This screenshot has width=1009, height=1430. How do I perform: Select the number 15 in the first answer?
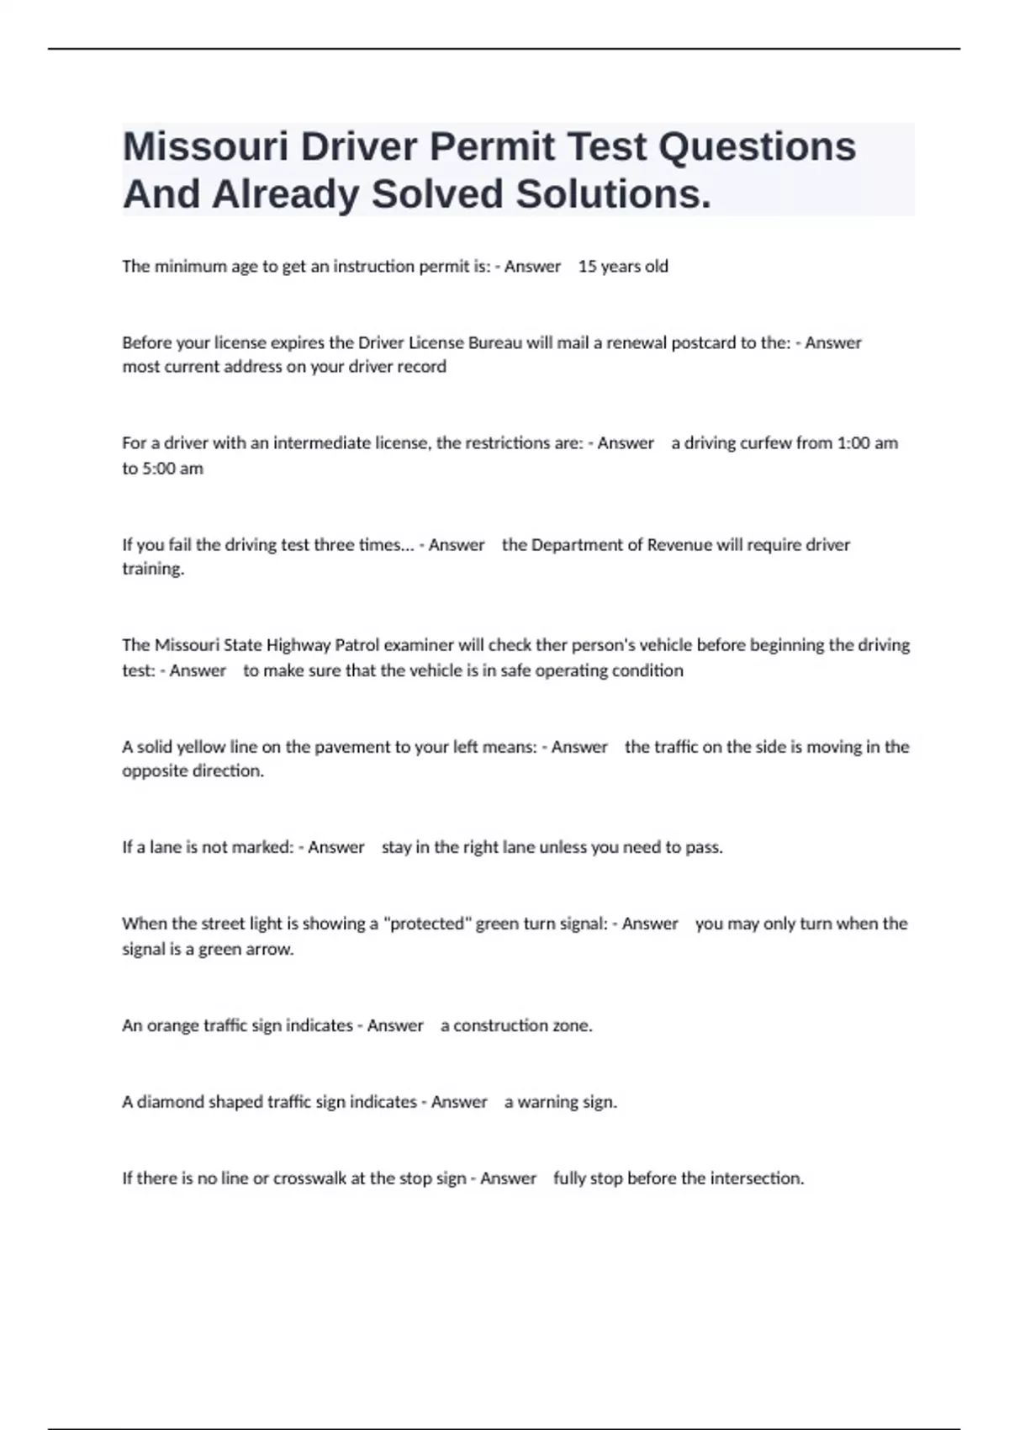(587, 267)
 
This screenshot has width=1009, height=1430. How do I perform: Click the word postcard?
(704, 343)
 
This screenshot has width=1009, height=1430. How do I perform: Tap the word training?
(152, 569)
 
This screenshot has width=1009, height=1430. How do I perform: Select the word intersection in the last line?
(756, 1178)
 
